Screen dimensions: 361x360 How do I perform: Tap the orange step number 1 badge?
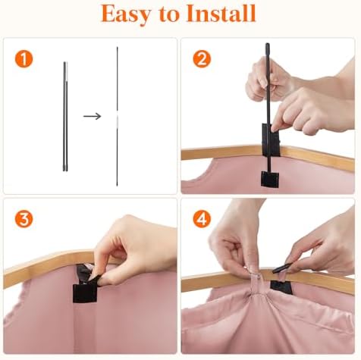(24, 59)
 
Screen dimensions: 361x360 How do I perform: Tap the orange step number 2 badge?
(202, 59)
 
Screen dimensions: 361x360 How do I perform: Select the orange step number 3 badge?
(24, 219)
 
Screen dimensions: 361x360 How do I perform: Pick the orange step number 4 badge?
(202, 219)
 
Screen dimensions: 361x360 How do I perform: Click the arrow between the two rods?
(93, 116)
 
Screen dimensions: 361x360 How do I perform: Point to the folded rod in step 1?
(65, 117)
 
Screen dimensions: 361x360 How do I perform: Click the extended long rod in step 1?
(117, 117)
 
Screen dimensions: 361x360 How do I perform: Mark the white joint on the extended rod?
(117, 118)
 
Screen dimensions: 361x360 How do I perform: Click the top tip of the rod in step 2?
(267, 45)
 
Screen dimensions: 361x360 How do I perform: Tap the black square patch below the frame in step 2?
(270, 179)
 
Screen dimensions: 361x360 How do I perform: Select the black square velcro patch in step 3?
(85, 293)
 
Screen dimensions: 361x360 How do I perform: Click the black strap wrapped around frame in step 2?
(271, 139)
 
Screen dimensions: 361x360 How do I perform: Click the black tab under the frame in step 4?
(281, 287)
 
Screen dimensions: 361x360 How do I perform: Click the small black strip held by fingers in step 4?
(282, 268)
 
